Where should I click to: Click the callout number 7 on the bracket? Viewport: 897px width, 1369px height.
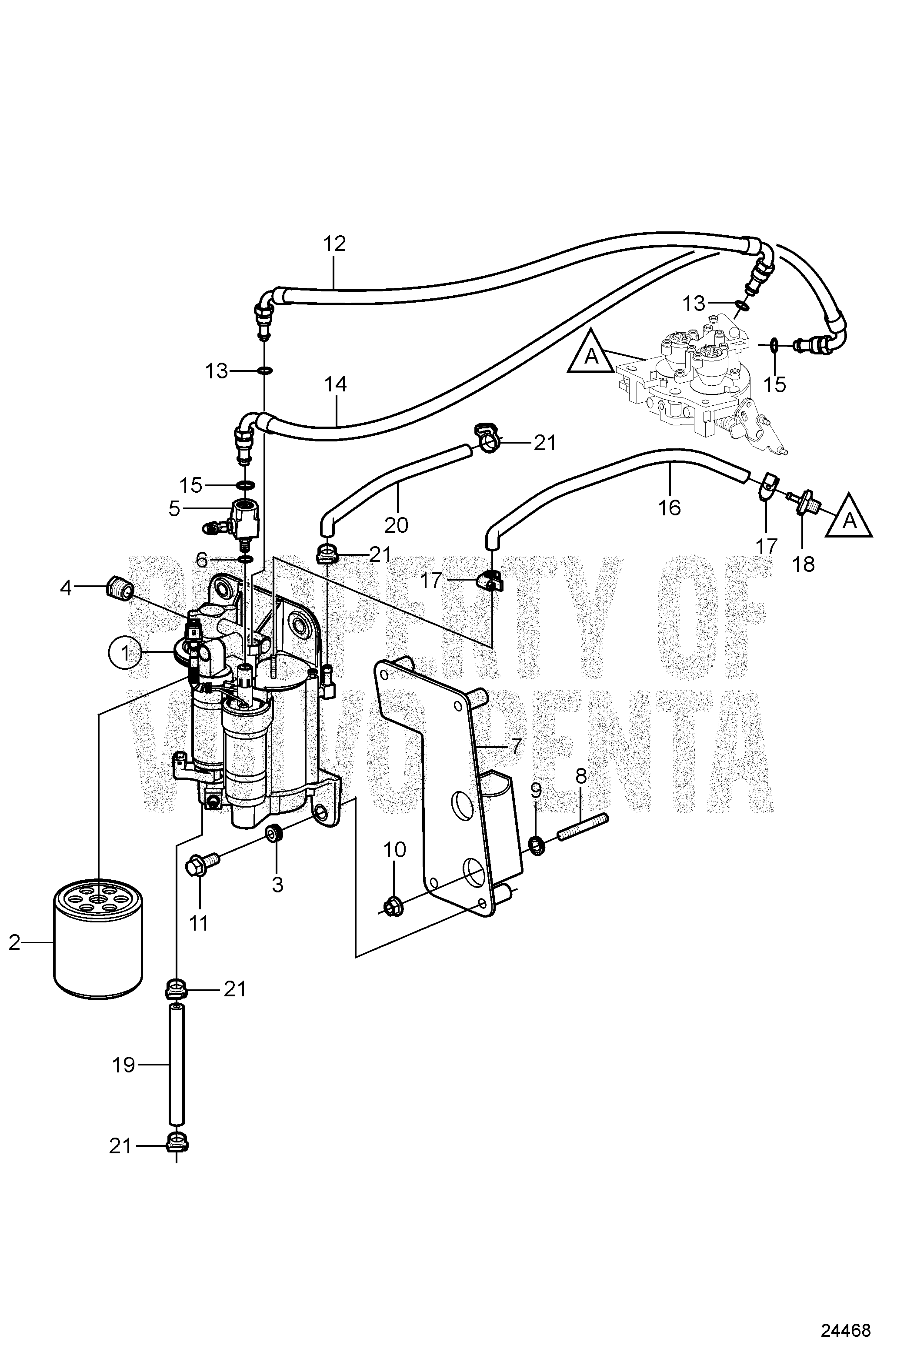click(x=515, y=747)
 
